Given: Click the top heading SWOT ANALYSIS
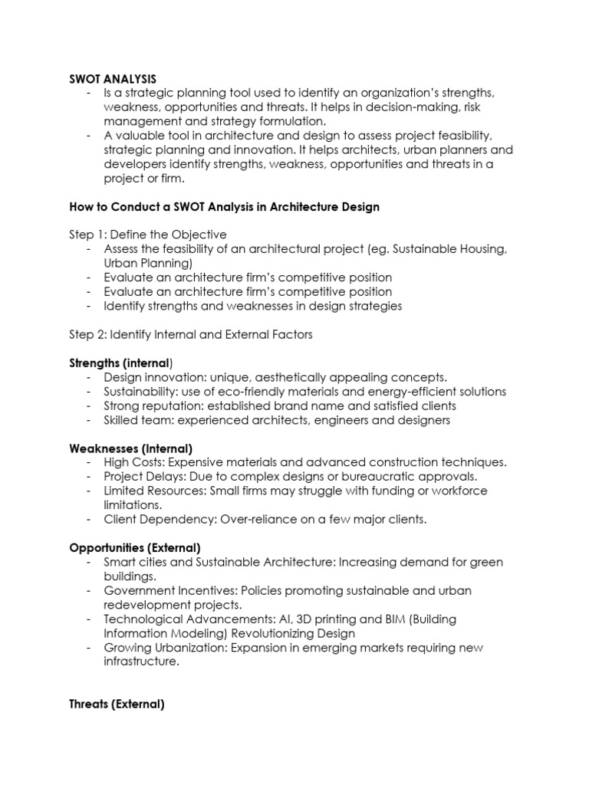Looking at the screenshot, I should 113,78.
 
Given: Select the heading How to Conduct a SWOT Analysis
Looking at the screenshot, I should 224,207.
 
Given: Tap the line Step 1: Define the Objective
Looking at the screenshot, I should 148,235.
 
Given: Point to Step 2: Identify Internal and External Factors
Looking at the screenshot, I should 191,334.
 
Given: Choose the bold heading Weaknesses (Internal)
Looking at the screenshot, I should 130,448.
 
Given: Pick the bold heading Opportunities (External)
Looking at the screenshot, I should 135,547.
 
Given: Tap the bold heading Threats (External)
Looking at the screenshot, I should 117,704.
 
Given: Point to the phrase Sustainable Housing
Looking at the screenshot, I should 457,249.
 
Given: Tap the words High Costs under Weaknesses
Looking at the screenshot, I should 133,462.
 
